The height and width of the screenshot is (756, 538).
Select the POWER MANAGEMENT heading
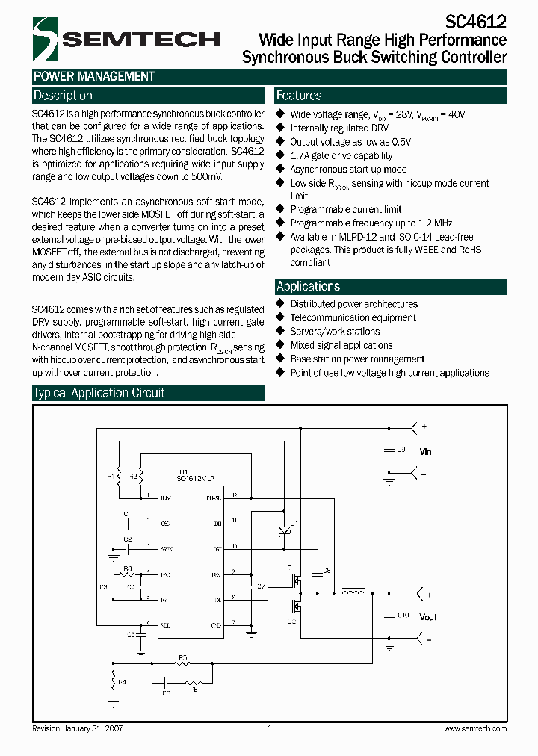point(94,76)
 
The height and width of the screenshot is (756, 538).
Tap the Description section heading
point(63,96)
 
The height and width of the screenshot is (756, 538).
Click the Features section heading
point(299,96)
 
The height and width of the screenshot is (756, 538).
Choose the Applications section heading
point(308,286)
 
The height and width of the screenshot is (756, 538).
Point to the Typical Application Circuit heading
point(99,393)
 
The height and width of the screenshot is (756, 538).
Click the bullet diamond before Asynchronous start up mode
point(281,170)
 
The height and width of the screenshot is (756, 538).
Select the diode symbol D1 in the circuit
point(283,530)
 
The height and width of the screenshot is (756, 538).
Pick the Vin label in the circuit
point(424,452)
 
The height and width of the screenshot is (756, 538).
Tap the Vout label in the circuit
point(427,617)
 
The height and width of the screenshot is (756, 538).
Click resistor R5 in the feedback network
point(182,663)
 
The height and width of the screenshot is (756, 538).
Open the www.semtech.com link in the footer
point(475,728)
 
